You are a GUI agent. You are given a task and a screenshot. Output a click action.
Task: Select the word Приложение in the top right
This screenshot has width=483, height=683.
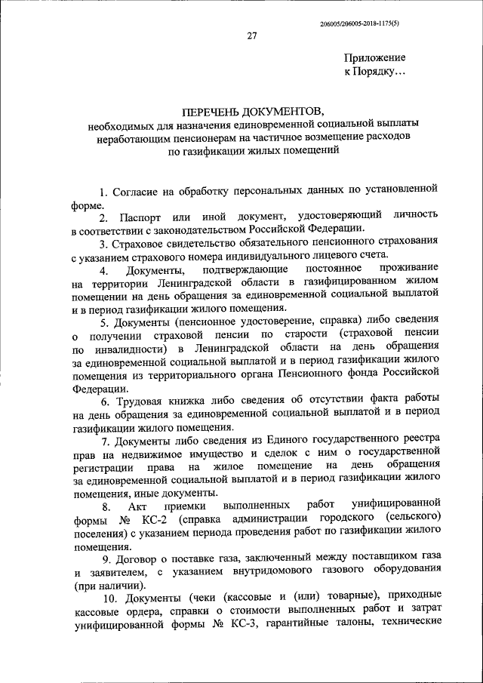pyautogui.click(x=374, y=57)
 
